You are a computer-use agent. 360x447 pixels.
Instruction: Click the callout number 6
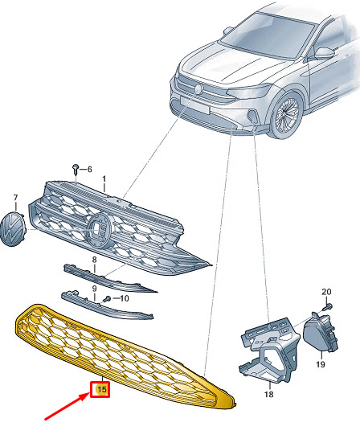[x=89, y=170]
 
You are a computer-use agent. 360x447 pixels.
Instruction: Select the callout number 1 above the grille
[x=104, y=179]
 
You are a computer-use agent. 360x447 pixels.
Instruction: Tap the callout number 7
[x=15, y=198]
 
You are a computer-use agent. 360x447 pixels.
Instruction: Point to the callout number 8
[x=94, y=260]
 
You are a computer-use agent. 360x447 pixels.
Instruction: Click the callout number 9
[x=94, y=289]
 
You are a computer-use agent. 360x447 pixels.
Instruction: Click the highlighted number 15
[x=102, y=389]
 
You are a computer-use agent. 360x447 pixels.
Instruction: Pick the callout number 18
[x=268, y=394]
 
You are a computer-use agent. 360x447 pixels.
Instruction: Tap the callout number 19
[x=321, y=364]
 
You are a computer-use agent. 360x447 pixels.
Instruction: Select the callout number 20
[x=326, y=292]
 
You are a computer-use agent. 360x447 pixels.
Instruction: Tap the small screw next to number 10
[x=107, y=299]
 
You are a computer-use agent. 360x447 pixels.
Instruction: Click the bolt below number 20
[x=328, y=307]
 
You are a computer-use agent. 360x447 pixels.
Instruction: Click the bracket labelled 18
[x=268, y=350]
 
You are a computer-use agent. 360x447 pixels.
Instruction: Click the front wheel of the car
[x=286, y=115]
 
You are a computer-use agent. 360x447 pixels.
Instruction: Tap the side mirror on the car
[x=325, y=53]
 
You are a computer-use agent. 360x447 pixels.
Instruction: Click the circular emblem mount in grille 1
[x=100, y=231]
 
